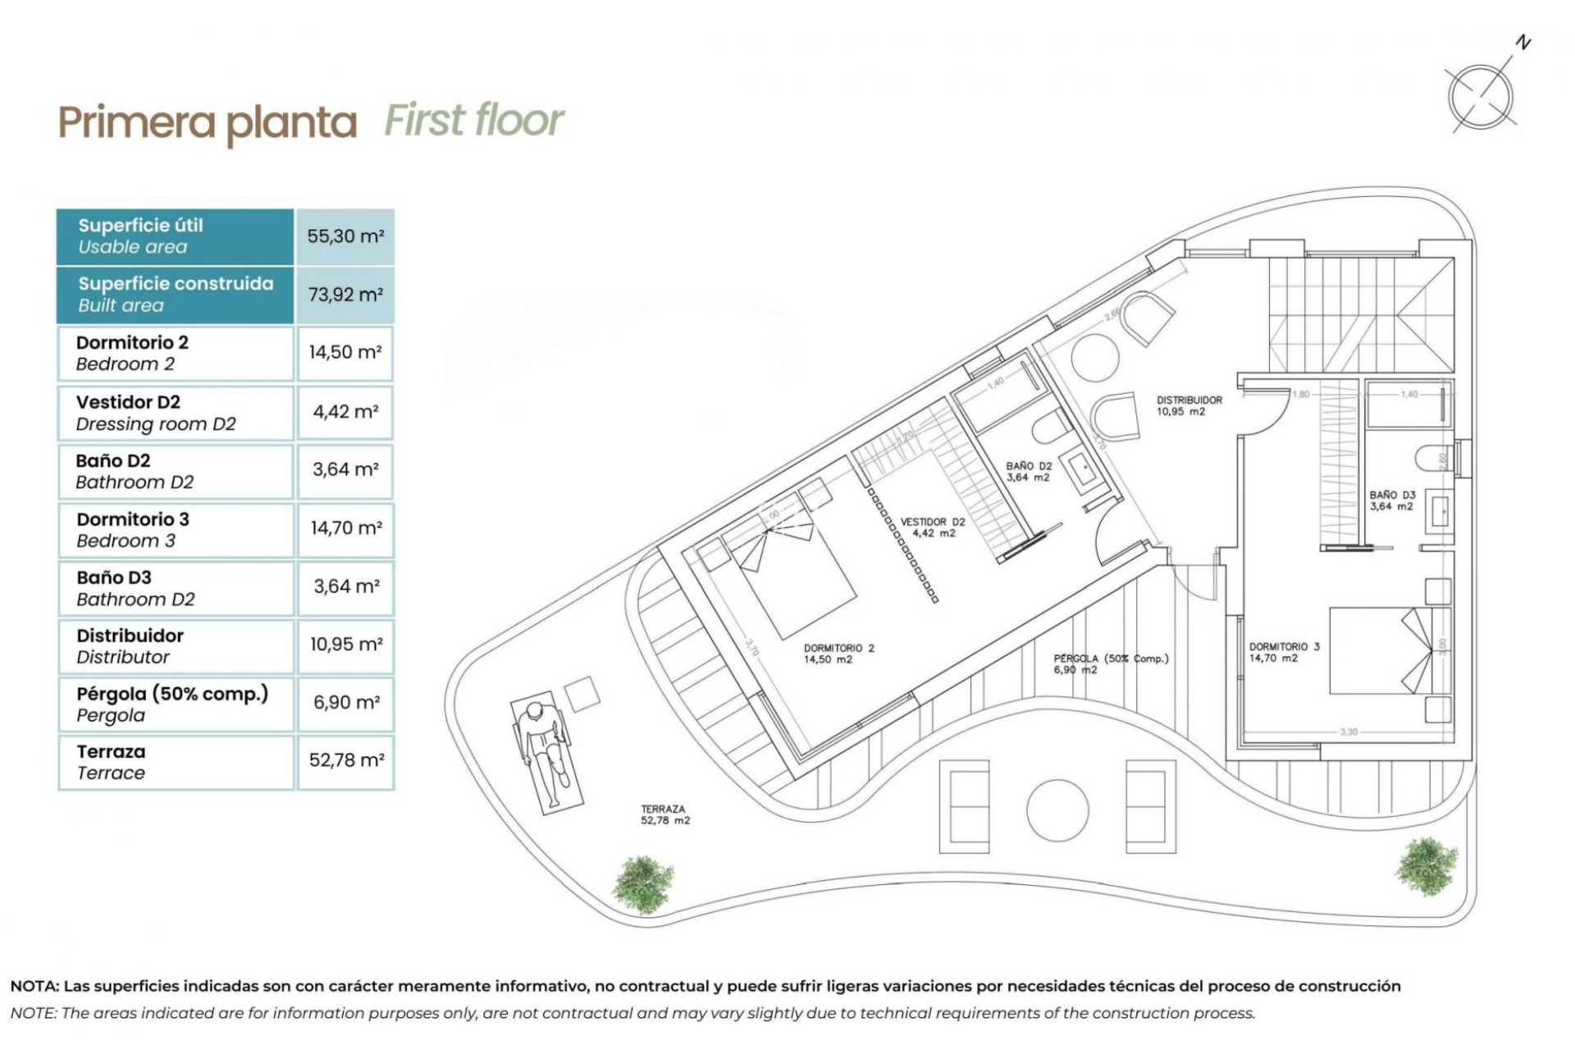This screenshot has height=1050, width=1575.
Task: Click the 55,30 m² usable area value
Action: [345, 236]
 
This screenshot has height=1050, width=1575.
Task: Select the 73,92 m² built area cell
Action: [345, 294]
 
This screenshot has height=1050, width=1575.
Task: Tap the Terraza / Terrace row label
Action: [111, 762]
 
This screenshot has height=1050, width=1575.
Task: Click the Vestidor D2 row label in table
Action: [155, 413]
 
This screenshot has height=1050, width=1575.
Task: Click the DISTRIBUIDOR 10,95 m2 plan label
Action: [1189, 405]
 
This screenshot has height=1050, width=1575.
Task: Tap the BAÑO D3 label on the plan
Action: [1392, 500]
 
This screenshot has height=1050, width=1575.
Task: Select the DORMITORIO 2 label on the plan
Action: [838, 654]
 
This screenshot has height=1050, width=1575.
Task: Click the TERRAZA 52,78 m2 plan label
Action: [664, 815]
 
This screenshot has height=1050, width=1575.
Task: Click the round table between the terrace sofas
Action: [1057, 810]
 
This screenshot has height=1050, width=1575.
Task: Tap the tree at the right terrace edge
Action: [1427, 866]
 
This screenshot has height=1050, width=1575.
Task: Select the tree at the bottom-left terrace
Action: [643, 884]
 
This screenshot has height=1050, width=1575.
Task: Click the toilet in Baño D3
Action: [1431, 457]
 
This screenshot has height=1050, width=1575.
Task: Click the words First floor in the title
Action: [474, 121]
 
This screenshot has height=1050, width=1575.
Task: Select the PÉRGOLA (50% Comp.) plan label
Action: [1111, 664]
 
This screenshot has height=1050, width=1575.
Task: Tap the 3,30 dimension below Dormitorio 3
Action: [1348, 732]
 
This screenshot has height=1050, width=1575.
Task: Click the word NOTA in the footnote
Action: [34, 986]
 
